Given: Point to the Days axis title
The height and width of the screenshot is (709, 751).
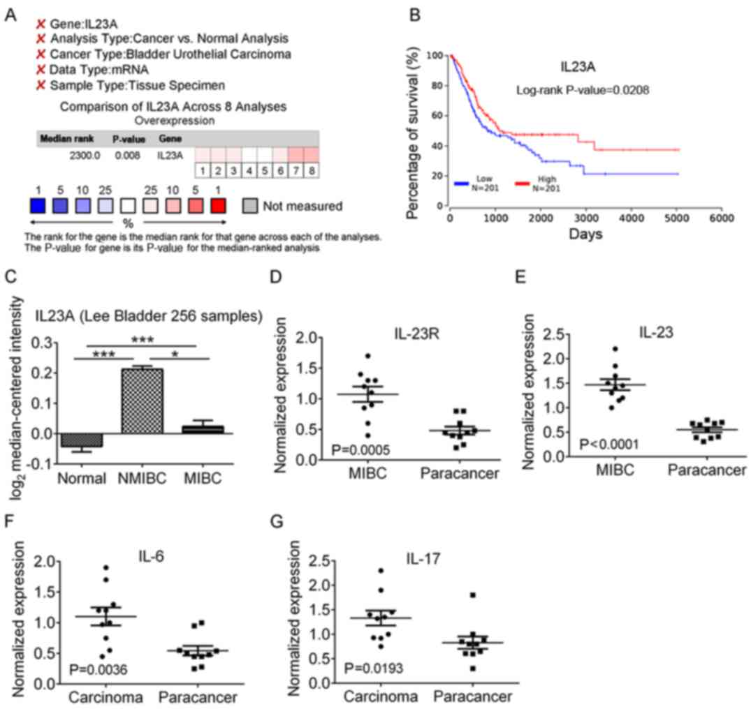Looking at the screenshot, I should (585, 234).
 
